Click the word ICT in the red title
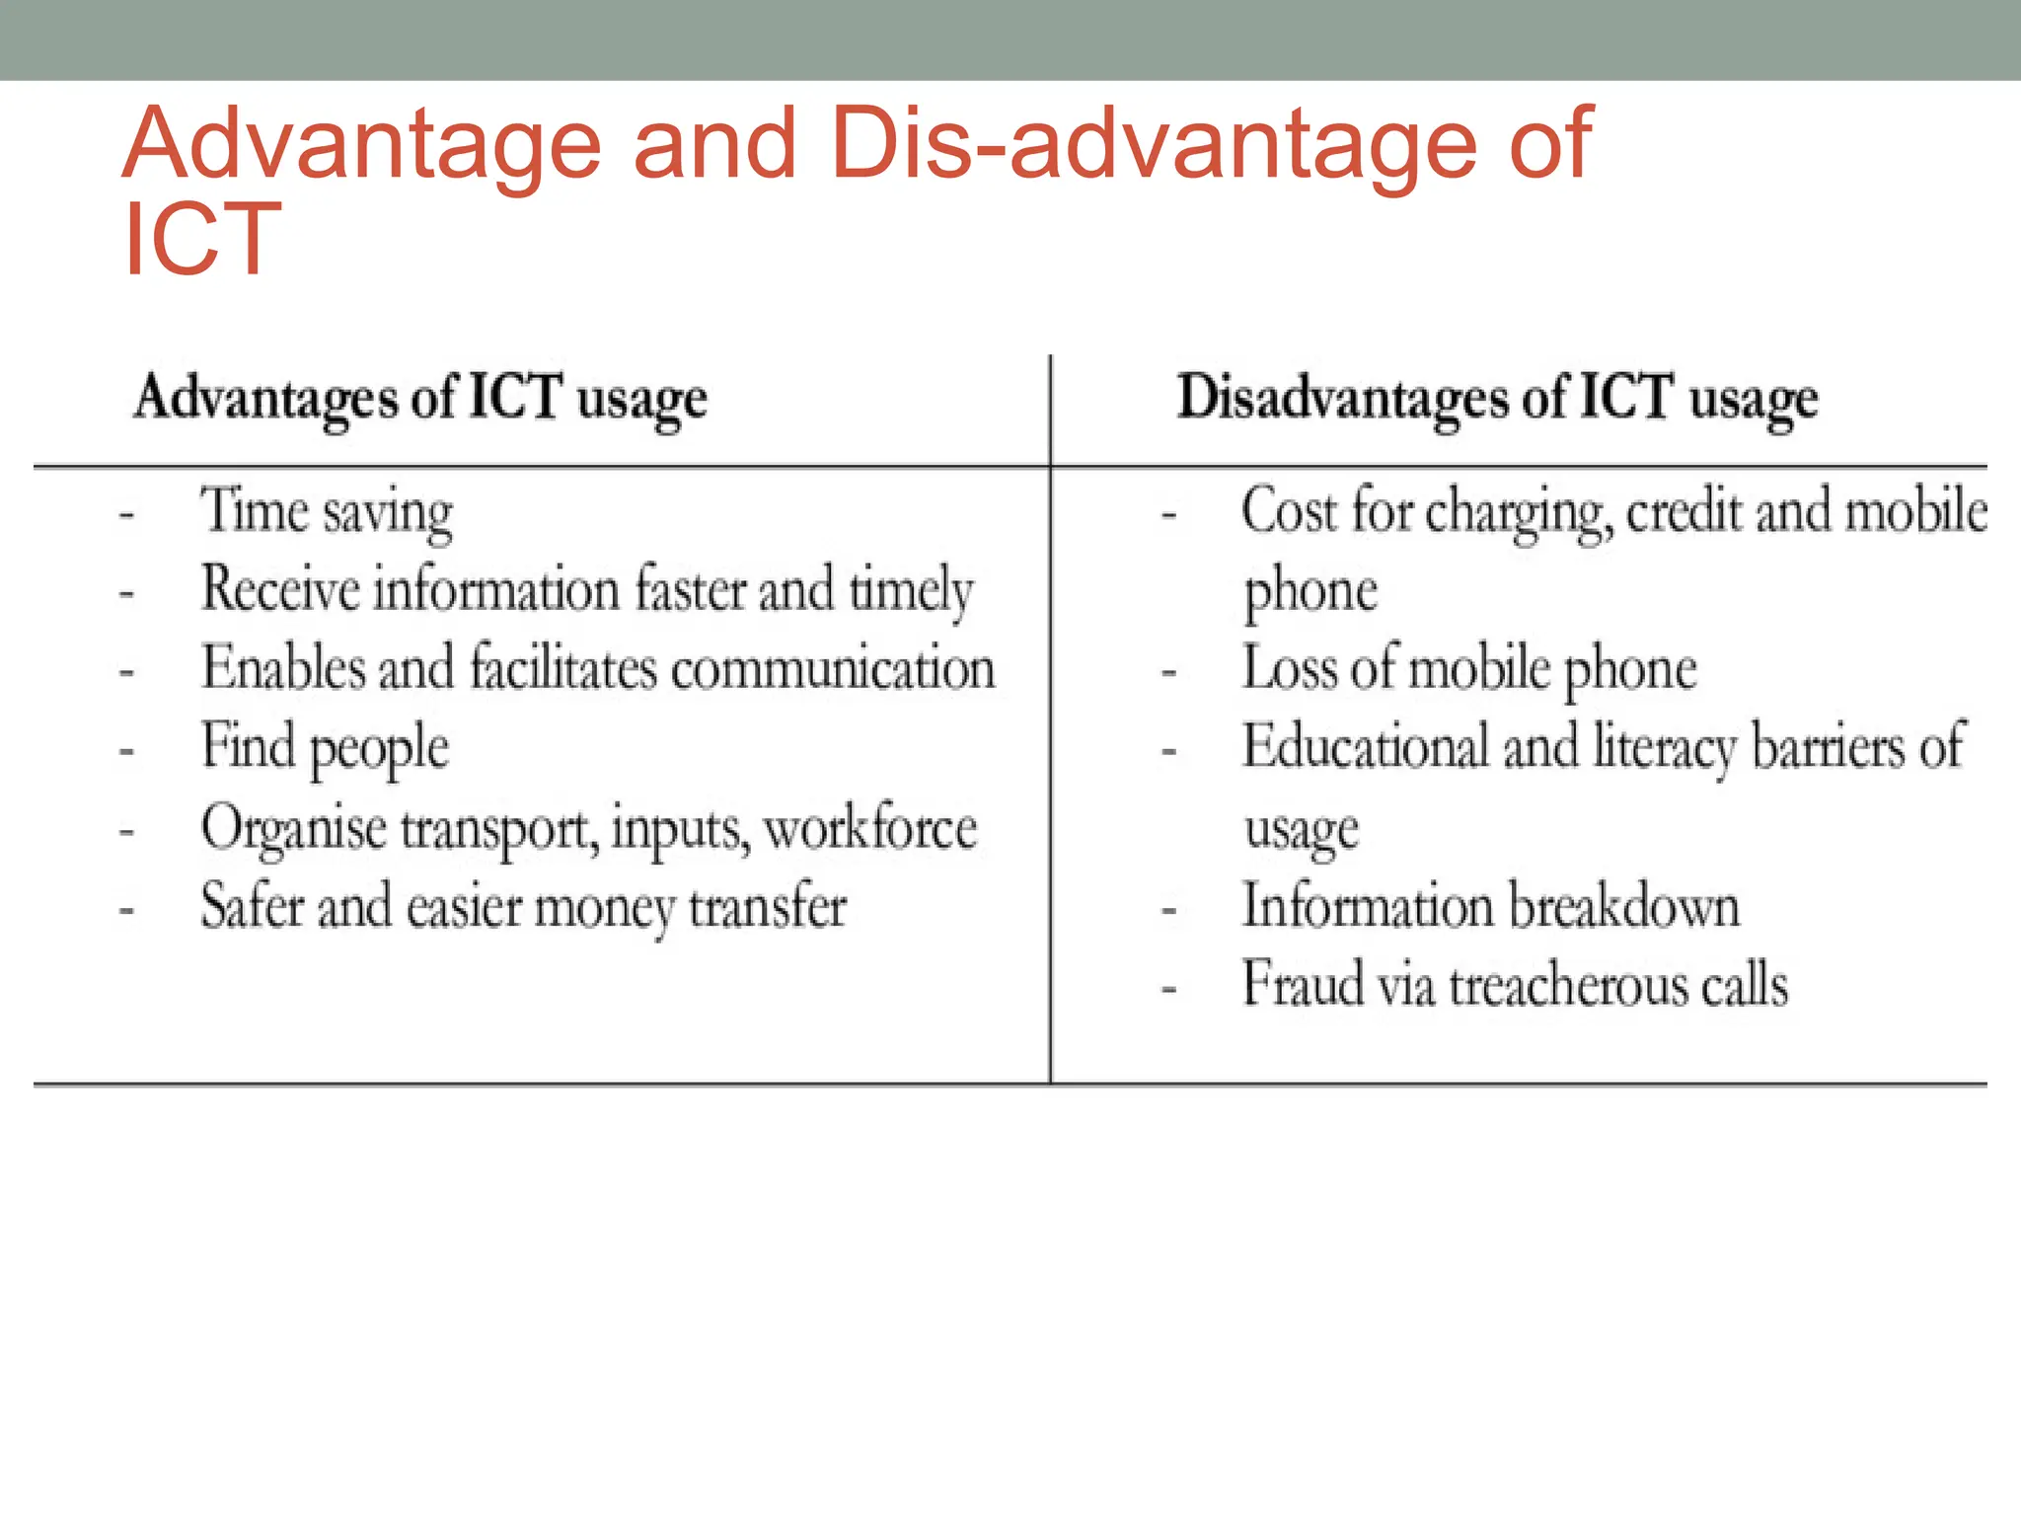(202, 239)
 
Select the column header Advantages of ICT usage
(420, 399)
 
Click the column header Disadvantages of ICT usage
(1497, 399)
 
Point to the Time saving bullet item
(327, 512)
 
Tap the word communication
(833, 668)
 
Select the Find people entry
(325, 747)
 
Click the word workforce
(870, 827)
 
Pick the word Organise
(293, 828)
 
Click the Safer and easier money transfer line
(523, 906)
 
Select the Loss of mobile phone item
(1469, 668)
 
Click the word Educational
(1365, 747)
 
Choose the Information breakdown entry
(1490, 906)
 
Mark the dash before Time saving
(126, 514)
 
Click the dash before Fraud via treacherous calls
(1169, 988)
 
